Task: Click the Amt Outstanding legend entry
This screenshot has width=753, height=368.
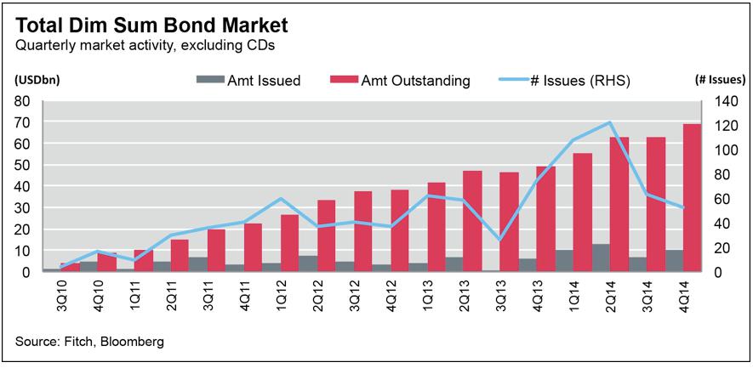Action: [x=408, y=81]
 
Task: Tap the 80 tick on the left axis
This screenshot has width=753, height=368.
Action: [x=22, y=101]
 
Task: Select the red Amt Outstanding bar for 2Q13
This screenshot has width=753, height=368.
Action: [x=472, y=221]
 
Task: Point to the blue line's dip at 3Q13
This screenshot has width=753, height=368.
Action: [x=499, y=240]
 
